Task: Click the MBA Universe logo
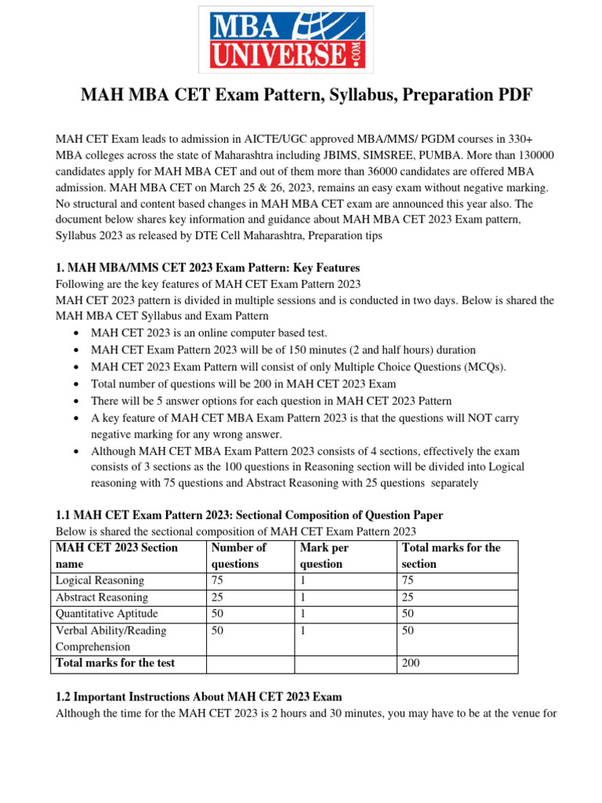click(285, 40)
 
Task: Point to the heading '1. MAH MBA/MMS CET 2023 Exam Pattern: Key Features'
click(207, 267)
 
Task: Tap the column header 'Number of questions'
click(239, 555)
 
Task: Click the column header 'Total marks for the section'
click(451, 555)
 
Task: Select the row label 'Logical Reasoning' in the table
click(100, 580)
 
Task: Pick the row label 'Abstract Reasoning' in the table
click(101, 598)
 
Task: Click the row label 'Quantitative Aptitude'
click(107, 614)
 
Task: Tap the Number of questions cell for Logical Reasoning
click(218, 580)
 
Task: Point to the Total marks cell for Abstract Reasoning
click(408, 598)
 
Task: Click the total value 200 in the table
click(411, 663)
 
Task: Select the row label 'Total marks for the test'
click(115, 663)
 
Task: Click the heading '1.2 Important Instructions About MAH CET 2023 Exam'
click(199, 696)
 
